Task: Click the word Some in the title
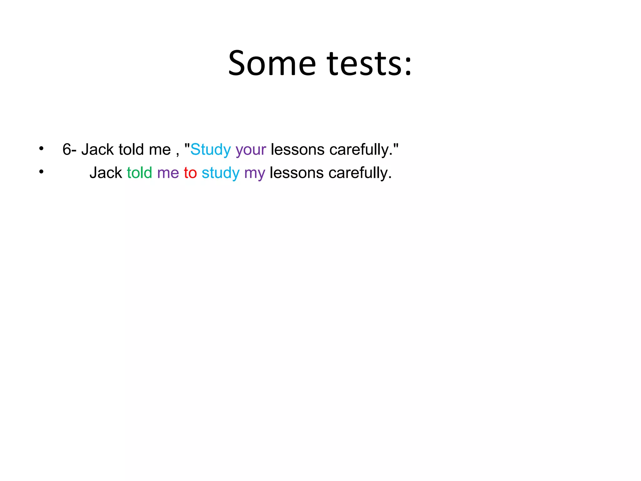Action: click(x=272, y=64)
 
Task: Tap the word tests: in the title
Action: click(x=369, y=64)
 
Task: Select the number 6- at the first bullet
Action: click(x=69, y=149)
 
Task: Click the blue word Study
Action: click(x=210, y=149)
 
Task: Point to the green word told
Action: click(x=139, y=173)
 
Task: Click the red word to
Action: click(x=190, y=173)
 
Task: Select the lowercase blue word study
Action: click(x=220, y=173)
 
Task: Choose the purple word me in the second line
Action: click(x=168, y=173)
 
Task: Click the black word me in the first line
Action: click(x=160, y=150)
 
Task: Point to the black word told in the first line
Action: click(x=131, y=149)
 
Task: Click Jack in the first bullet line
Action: click(x=97, y=149)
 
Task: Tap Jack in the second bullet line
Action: click(x=105, y=173)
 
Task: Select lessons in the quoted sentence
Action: click(x=297, y=149)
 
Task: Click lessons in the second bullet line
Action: click(x=296, y=173)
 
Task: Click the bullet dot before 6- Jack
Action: click(x=41, y=148)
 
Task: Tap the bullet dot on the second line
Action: click(x=41, y=172)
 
